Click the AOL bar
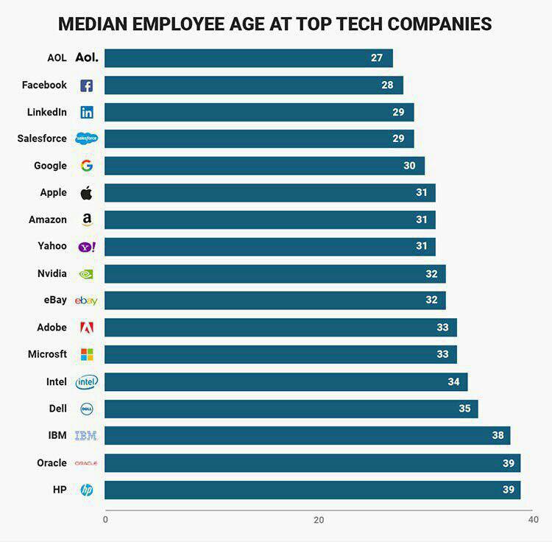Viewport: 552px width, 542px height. tap(248, 58)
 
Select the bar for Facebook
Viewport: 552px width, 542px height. tap(253, 85)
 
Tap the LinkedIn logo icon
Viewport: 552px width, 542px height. tap(86, 113)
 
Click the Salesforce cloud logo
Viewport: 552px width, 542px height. tap(86, 138)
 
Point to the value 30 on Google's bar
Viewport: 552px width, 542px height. tap(409, 166)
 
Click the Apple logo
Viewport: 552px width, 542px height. tap(86, 193)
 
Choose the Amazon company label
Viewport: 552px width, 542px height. tap(48, 219)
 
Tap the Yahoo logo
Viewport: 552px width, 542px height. tap(86, 247)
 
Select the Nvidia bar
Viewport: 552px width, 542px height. tap(275, 274)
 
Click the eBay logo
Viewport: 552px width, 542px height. tap(86, 300)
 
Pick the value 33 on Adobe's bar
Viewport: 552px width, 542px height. tap(442, 328)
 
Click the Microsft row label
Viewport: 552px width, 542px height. tap(47, 354)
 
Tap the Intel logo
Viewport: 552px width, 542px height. tap(86, 381)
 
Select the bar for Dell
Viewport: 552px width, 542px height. tap(291, 409)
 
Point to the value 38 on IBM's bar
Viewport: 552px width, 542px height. tap(498, 435)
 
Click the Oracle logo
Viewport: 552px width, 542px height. tap(86, 462)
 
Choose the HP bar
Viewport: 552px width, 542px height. tap(312, 490)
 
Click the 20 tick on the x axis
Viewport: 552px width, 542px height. tap(319, 520)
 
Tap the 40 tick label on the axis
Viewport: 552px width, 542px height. tap(534, 520)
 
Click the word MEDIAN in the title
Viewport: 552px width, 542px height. tap(94, 24)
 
